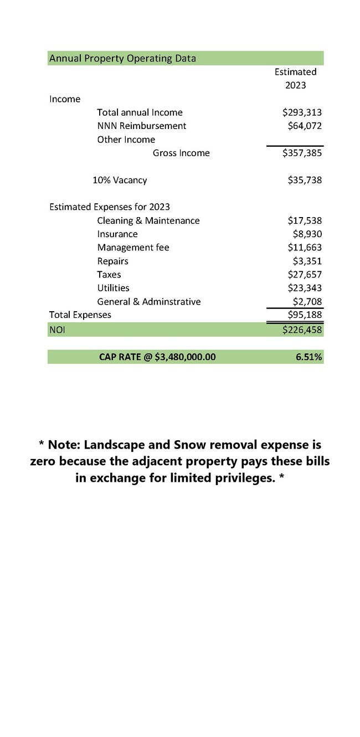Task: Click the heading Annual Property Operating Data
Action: pyautogui.click(x=122, y=58)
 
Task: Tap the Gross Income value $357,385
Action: pyautogui.click(x=302, y=153)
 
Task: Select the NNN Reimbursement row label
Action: pyautogui.click(x=141, y=126)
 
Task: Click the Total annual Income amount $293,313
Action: pyautogui.click(x=302, y=112)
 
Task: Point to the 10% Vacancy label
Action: pyautogui.click(x=120, y=180)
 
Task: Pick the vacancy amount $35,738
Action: pyautogui.click(x=305, y=180)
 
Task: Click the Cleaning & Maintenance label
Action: pyautogui.click(x=148, y=220)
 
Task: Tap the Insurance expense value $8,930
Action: pyautogui.click(x=307, y=234)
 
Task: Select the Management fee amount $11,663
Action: pyautogui.click(x=305, y=248)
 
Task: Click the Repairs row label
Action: pyautogui.click(x=112, y=261)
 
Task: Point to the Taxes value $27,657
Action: pyautogui.click(x=305, y=275)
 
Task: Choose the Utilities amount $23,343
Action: pyautogui.click(x=305, y=288)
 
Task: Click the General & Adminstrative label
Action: pyautogui.click(x=148, y=302)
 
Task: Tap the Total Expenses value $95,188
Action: pyautogui.click(x=305, y=315)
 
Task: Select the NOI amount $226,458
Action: pyautogui.click(x=302, y=330)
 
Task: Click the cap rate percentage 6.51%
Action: pyautogui.click(x=308, y=357)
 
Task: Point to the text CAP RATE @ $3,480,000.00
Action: pyautogui.click(x=157, y=357)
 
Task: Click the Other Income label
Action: pyautogui.click(x=126, y=140)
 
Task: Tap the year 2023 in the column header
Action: pyautogui.click(x=295, y=85)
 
